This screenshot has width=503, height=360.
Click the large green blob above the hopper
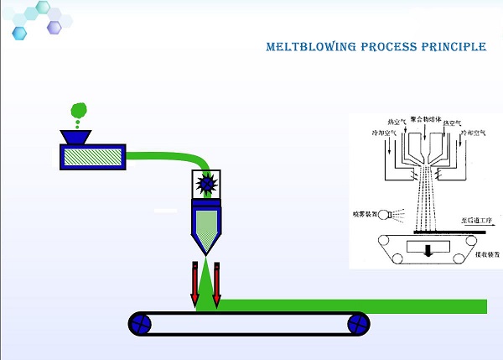79,109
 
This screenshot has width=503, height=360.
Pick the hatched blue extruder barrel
92,155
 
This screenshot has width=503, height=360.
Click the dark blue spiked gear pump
205,183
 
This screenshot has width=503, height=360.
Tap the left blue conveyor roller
141,323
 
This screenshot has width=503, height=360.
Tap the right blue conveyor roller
358,323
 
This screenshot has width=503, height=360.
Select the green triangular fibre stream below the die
205,285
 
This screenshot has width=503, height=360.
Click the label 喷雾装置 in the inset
366,214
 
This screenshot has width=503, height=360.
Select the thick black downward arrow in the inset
428,250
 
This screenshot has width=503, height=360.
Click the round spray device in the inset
387,215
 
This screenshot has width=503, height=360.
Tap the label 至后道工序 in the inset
478,220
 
